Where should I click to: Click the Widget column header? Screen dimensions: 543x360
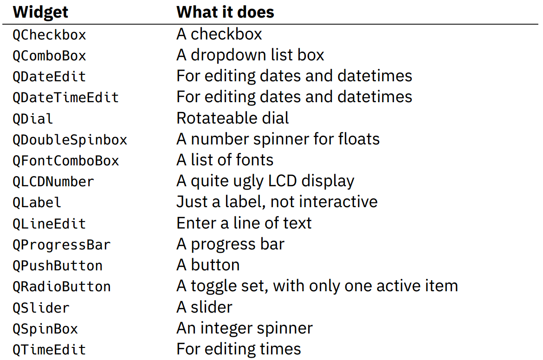coord(40,12)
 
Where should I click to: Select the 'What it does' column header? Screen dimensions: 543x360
coord(225,12)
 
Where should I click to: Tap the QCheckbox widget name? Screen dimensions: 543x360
coord(49,35)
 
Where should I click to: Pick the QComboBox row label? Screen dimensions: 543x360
coord(49,56)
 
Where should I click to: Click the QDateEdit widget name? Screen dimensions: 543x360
coord(49,77)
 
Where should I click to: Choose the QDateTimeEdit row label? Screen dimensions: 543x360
coord(66,98)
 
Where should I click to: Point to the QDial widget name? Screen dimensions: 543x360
coord(33,119)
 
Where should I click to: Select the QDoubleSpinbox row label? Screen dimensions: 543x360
coord(70,140)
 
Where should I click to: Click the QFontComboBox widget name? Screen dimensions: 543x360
coord(66,161)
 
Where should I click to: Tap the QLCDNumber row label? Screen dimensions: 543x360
coord(53,182)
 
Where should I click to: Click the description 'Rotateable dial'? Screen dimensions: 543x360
coord(233,118)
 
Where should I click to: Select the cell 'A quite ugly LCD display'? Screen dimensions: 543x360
coord(265,181)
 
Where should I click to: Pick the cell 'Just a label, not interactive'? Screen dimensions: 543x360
coord(277,202)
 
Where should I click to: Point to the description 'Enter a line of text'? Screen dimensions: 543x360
coord(244,223)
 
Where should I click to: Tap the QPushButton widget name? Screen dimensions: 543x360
coord(58,266)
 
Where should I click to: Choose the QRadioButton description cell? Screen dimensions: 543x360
coord(317,286)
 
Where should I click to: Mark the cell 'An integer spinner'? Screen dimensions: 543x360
coord(245,328)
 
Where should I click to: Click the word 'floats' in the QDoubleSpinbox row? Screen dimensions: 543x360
coord(359,138)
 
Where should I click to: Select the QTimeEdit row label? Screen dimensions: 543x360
coord(49,350)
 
